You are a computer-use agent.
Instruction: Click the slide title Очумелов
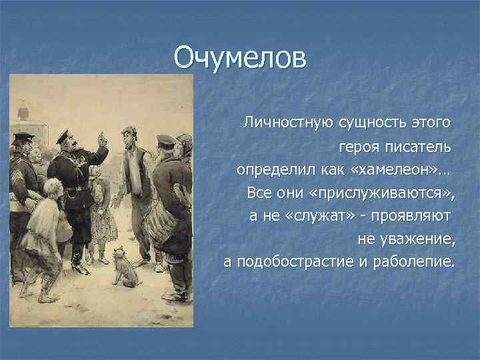(x=241, y=58)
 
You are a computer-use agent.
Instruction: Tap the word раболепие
(x=414, y=263)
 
